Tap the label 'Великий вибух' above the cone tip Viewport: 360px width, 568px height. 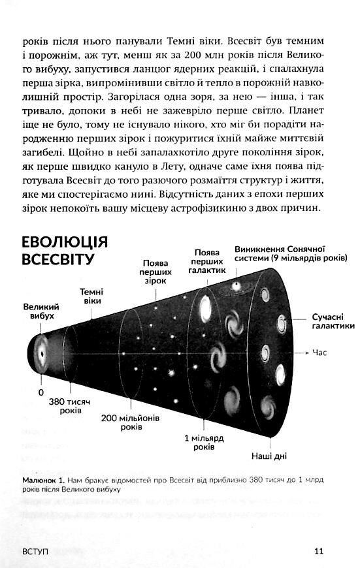41,311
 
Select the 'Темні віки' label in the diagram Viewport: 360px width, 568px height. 91,296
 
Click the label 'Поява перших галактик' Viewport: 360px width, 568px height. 210,260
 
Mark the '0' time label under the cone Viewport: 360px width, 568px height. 41,392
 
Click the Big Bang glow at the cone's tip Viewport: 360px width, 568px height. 40,352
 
